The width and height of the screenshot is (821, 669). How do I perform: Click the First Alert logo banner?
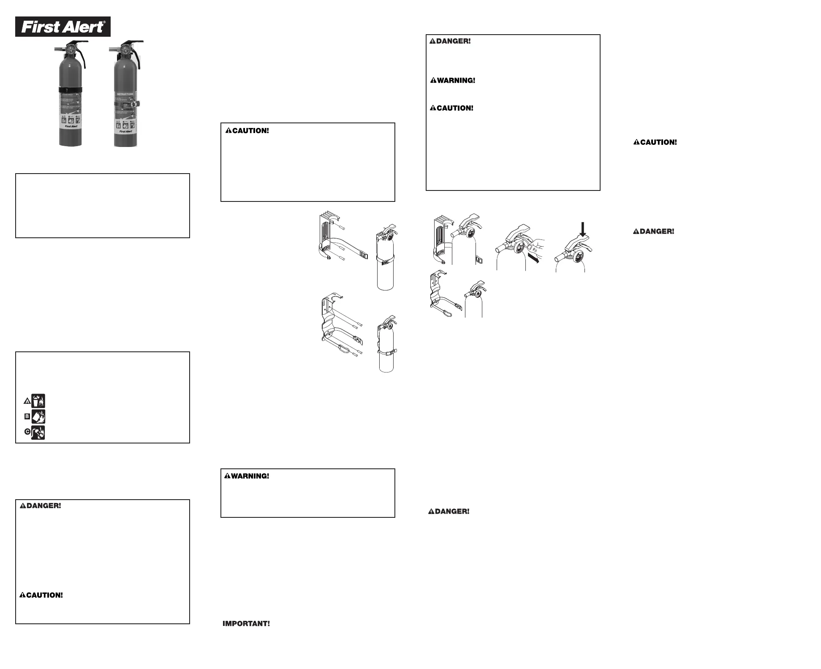pos(63,27)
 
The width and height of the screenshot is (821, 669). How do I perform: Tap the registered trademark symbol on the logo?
pos(104,22)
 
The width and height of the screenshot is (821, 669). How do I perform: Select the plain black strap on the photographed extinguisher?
pos(70,90)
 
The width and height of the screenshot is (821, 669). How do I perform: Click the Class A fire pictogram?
pos(38,400)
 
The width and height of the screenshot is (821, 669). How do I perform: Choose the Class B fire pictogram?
pos(38,416)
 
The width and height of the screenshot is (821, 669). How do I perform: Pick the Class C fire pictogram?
pos(38,432)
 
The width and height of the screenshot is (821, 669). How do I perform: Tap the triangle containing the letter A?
pos(27,401)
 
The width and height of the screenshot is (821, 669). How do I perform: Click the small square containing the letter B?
pos(27,416)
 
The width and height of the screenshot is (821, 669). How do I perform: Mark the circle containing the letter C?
pos(27,432)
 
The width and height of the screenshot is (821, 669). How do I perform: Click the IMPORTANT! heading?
pos(246,623)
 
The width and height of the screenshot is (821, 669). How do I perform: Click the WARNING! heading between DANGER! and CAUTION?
pos(453,80)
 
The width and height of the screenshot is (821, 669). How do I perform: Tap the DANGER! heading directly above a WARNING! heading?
pos(450,41)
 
